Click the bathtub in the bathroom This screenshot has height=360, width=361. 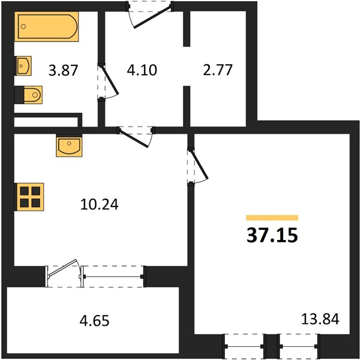(x=47, y=27)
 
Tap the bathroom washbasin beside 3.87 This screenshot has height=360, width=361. (x=23, y=65)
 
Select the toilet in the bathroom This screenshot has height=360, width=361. (x=29, y=95)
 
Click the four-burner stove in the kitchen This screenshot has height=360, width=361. (x=29, y=197)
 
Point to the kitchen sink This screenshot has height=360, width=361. (x=69, y=146)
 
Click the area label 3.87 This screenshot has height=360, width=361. (x=64, y=70)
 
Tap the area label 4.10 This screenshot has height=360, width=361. (x=142, y=70)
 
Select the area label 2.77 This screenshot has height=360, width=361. (x=218, y=70)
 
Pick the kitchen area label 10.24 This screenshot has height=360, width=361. (x=100, y=204)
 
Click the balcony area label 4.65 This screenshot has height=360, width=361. (x=94, y=320)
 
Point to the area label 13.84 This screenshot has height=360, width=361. (x=320, y=319)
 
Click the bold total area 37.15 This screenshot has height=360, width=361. (x=272, y=235)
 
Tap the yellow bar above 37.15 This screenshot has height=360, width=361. (x=272, y=218)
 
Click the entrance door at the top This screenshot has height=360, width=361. (x=150, y=14)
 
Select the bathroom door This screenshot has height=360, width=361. (x=108, y=82)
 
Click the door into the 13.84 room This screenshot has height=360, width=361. (x=197, y=166)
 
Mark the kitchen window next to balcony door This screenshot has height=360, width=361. (x=113, y=277)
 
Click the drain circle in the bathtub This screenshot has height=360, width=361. (x=23, y=26)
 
